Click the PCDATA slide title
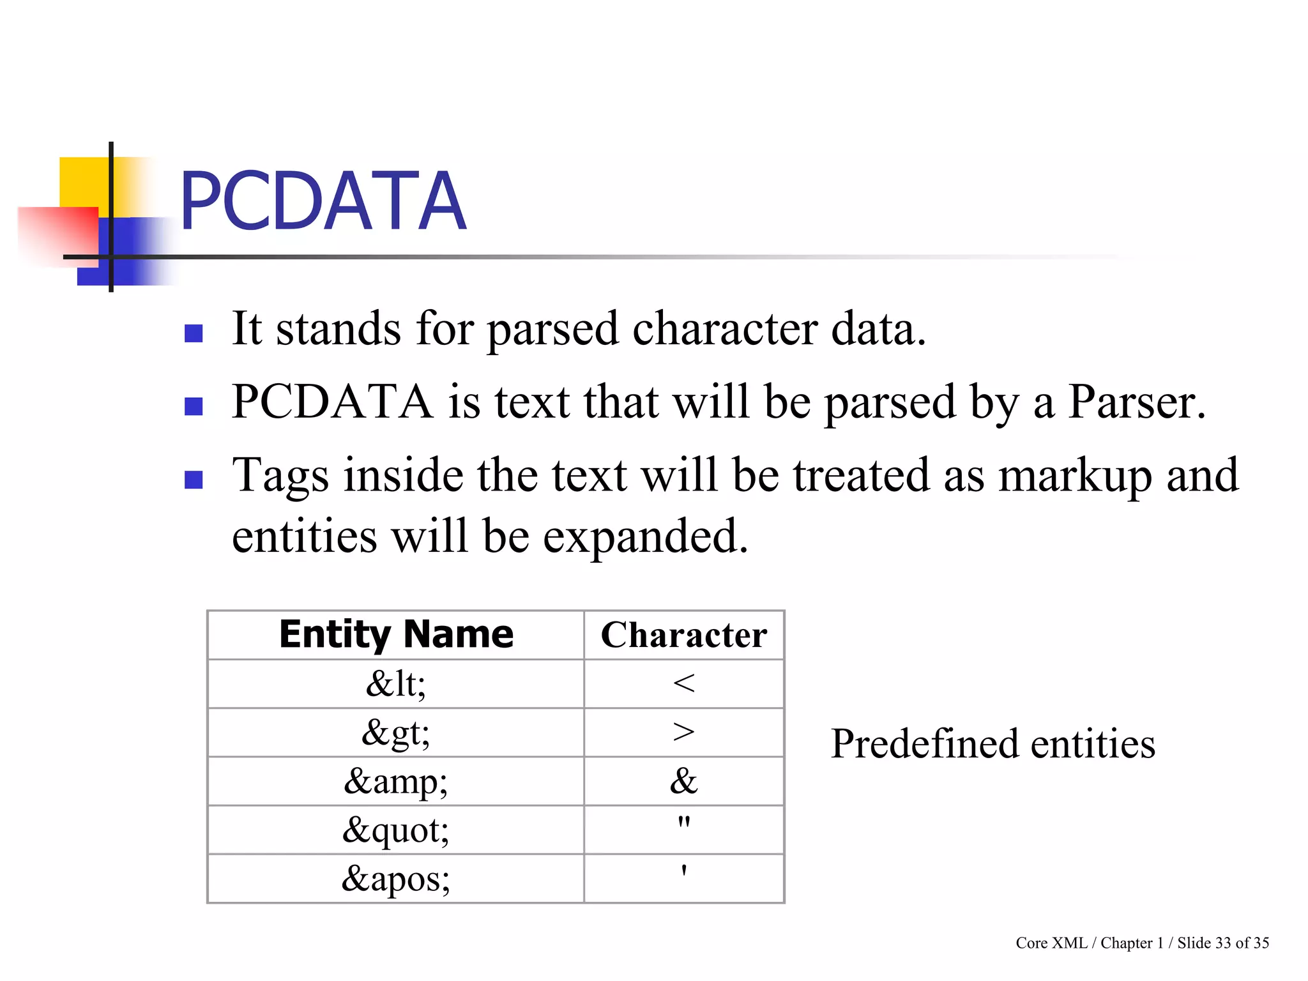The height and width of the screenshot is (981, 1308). pos(323,201)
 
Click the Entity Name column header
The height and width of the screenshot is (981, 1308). pos(396,635)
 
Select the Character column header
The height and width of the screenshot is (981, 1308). pos(683,635)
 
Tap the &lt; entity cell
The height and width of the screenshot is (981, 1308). pos(396,683)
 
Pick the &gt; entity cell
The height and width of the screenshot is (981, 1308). pos(396,733)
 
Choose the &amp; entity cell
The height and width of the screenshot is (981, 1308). pos(396,781)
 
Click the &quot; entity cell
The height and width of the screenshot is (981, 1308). pos(396,830)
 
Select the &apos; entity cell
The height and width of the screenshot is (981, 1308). pos(396,879)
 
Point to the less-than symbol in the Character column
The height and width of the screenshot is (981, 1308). pos(683,683)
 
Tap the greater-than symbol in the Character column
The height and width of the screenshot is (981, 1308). pos(683,732)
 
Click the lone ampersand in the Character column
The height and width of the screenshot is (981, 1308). pos(683,780)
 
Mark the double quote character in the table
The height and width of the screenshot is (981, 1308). pos(684,822)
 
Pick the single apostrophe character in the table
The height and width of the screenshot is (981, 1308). pos(684,871)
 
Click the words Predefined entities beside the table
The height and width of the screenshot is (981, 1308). pos(992,744)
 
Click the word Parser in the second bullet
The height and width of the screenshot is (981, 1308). pos(1136,402)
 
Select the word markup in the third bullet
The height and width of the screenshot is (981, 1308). pos(1076,476)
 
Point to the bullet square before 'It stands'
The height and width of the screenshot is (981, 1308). pos(194,333)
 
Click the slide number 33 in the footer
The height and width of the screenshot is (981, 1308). pos(1222,943)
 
